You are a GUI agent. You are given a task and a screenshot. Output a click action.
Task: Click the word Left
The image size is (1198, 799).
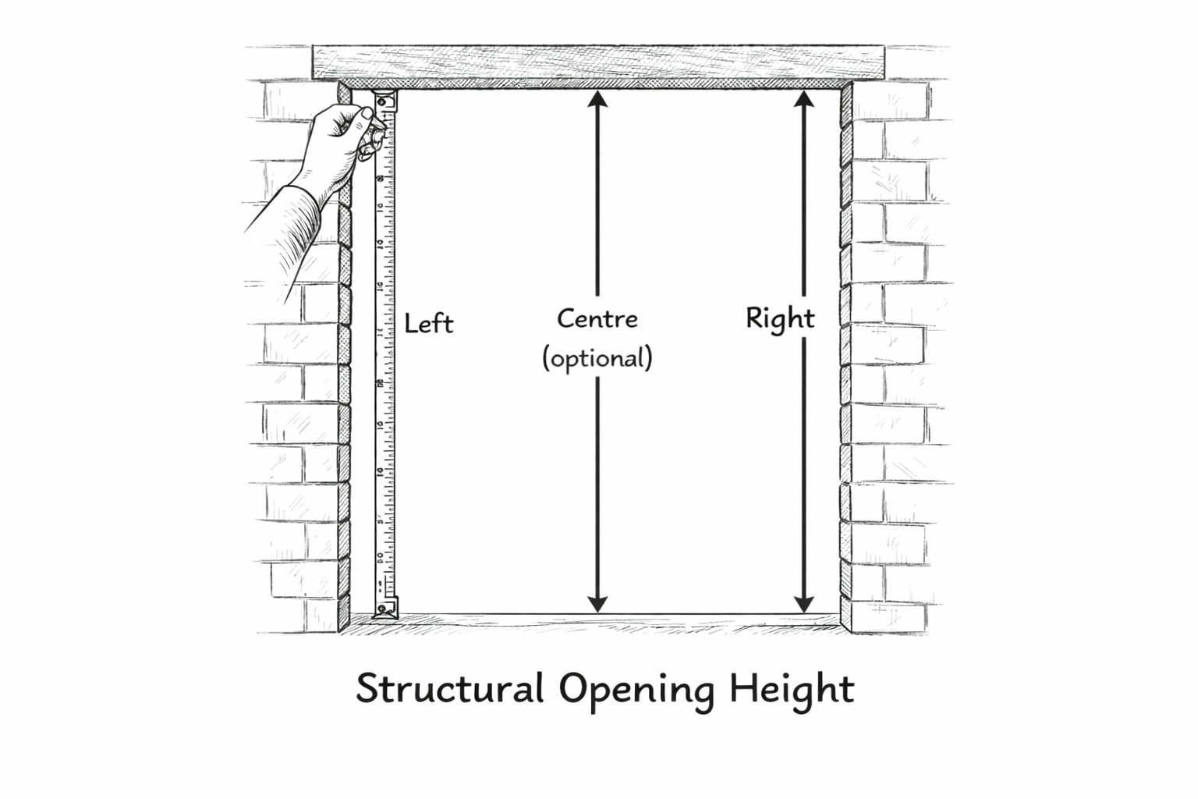(428, 323)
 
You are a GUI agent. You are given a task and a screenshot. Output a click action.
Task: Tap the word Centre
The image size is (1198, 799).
(597, 318)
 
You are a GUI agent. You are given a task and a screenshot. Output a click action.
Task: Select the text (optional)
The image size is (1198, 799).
(597, 358)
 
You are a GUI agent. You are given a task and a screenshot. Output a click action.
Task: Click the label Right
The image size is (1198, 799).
(780, 318)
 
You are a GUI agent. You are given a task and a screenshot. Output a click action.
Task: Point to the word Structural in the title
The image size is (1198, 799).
(449, 689)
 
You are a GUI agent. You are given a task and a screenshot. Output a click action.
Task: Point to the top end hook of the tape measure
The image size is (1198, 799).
(385, 100)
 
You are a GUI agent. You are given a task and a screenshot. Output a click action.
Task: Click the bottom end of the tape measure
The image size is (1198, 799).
(384, 608)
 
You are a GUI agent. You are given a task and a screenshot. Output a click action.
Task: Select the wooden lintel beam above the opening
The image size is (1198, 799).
(598, 62)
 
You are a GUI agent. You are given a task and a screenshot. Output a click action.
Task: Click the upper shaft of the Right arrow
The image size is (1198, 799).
(804, 203)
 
